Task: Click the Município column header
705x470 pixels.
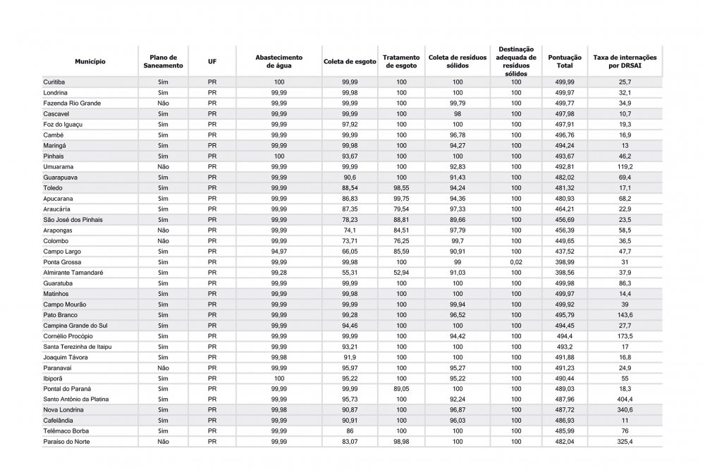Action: pos(90,62)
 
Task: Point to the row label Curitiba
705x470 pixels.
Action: pos(54,82)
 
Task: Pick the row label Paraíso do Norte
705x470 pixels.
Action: pos(67,442)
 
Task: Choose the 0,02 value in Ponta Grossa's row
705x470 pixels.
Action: pos(517,262)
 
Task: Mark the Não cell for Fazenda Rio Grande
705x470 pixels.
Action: pos(163,104)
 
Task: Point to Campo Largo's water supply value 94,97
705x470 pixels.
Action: pos(279,252)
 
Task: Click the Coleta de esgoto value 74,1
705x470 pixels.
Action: pos(350,230)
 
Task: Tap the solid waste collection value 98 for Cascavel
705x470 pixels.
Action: pos(458,114)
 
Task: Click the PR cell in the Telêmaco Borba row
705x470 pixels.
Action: pos(212,431)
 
